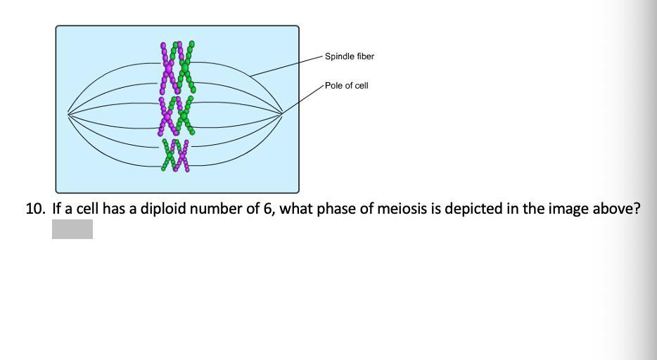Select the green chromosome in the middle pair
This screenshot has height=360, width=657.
coord(185,116)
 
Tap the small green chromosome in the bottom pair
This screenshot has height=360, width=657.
coord(170,155)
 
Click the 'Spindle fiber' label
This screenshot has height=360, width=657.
coord(349,56)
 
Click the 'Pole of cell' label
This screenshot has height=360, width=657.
coord(346,86)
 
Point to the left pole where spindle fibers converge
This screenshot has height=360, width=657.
coord(68,113)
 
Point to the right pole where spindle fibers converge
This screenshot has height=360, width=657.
coord(282,112)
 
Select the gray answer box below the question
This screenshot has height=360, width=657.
coord(72,229)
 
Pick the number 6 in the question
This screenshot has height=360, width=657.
coord(268,209)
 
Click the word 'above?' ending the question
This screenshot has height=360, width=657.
coord(618,209)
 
